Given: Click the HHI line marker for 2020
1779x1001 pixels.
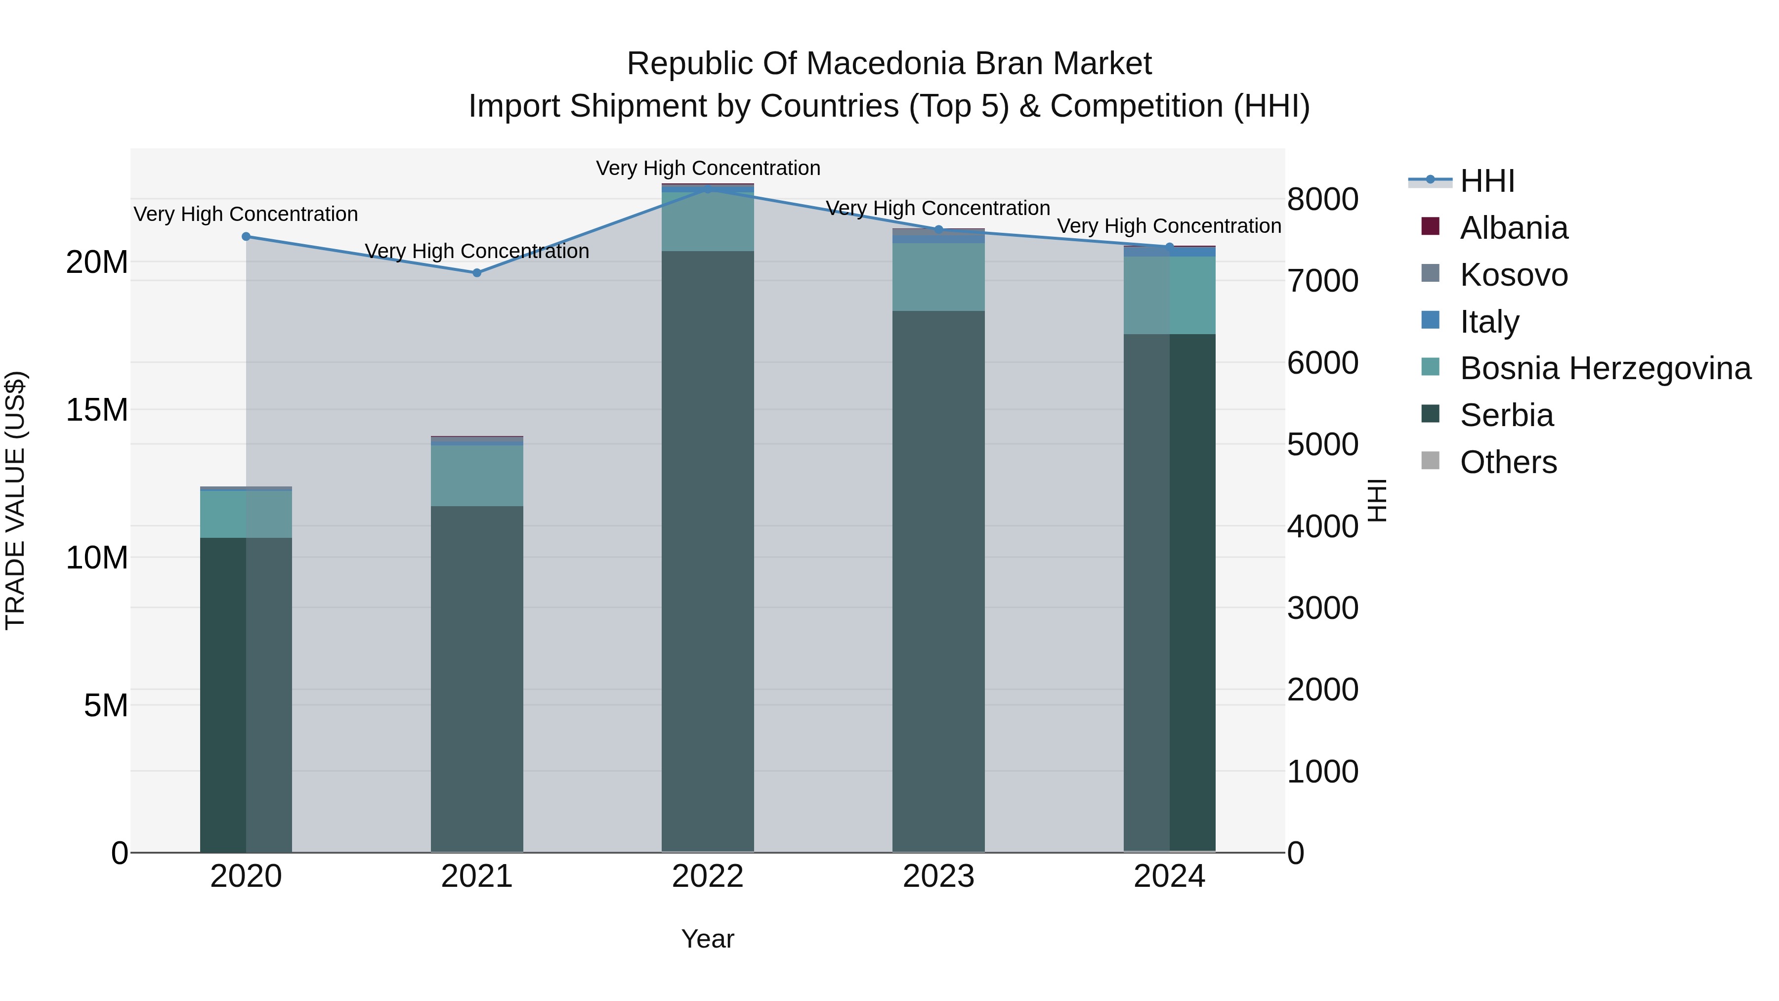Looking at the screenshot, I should pyautogui.click(x=246, y=236).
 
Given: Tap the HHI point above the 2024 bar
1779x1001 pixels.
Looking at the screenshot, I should pyautogui.click(x=1169, y=247).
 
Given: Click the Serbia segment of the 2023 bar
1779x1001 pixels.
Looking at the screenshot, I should pyautogui.click(x=938, y=580).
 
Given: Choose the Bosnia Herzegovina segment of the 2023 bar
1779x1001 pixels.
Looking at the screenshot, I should pyautogui.click(x=938, y=276).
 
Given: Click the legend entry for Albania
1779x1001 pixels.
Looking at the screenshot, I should pyautogui.click(x=1513, y=227).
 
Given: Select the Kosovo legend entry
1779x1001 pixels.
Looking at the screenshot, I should pyautogui.click(x=1513, y=274).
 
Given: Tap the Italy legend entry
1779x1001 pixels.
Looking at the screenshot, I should pyautogui.click(x=1489, y=321).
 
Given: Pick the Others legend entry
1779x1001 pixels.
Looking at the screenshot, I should pyautogui.click(x=1508, y=462).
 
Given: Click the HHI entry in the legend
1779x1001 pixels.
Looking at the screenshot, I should pyautogui.click(x=1487, y=180).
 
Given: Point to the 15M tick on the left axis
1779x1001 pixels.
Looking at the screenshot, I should pyautogui.click(x=97, y=410).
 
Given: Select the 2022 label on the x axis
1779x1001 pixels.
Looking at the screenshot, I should pyautogui.click(x=707, y=876).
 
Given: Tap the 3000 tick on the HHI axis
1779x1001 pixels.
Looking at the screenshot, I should pyautogui.click(x=1322, y=608).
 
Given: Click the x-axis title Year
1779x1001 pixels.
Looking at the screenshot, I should pyautogui.click(x=707, y=939).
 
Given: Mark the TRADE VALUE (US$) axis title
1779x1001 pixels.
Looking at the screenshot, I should pyautogui.click(x=15, y=500).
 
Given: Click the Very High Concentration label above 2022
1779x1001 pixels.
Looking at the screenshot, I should pyautogui.click(x=708, y=168).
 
